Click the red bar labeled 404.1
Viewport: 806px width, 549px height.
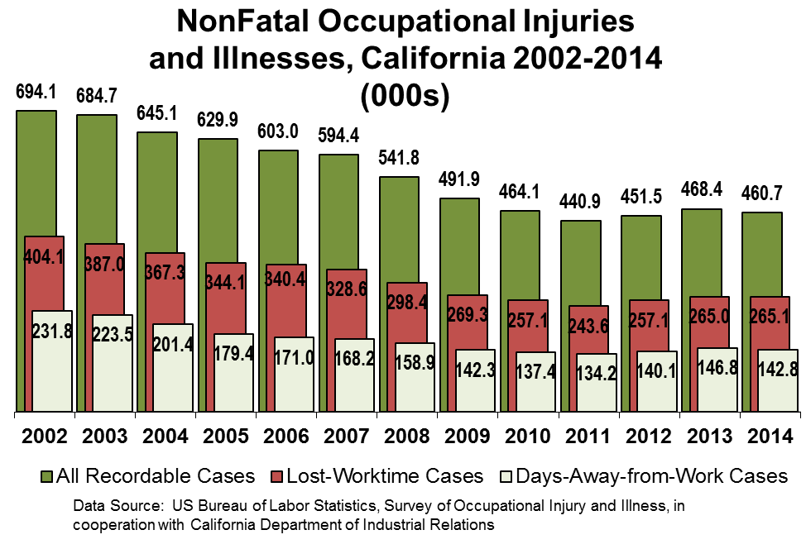click(43, 281)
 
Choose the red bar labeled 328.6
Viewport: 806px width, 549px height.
click(346, 310)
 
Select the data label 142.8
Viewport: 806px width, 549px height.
click(777, 370)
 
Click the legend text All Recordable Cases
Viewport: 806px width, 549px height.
click(156, 476)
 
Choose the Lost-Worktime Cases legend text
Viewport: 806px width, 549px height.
click(385, 476)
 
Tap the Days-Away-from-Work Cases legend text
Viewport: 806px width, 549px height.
click(652, 476)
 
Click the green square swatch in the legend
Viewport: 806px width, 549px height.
click(47, 477)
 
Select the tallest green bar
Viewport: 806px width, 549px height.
click(36, 174)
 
